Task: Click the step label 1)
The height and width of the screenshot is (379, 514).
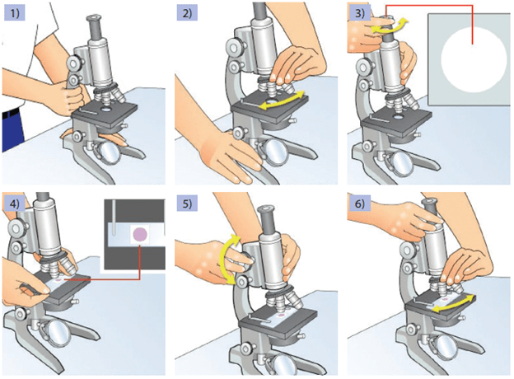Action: pos(15,13)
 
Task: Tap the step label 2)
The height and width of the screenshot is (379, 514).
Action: pos(187,13)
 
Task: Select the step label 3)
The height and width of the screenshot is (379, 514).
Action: pos(360,13)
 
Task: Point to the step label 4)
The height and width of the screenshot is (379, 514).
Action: pos(15,204)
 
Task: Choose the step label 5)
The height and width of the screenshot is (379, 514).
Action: pos(187,204)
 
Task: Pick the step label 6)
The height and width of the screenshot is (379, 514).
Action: pos(360,204)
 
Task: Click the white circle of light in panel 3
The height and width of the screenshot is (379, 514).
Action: pos(474,59)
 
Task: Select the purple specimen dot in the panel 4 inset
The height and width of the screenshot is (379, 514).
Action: pos(140,234)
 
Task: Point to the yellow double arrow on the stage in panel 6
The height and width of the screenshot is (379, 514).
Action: pos(453,303)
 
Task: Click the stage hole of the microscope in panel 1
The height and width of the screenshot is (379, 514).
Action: pos(107,110)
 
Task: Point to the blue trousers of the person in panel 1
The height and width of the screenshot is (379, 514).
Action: pos(13,130)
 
